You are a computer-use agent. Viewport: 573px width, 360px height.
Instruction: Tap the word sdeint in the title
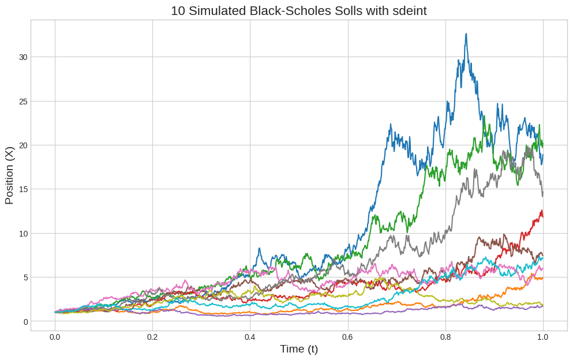tap(408, 11)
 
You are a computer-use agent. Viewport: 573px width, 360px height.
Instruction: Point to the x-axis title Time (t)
tap(299, 349)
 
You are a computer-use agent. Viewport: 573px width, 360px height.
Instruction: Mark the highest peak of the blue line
tap(466, 34)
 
